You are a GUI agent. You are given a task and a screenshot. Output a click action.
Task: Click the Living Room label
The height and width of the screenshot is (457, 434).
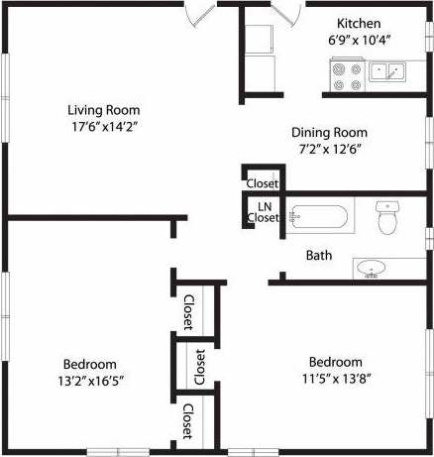(x=103, y=110)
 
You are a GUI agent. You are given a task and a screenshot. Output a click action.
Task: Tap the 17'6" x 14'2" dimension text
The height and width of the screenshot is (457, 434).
(x=103, y=126)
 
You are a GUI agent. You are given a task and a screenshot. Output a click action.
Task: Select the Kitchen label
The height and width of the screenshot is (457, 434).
(x=357, y=24)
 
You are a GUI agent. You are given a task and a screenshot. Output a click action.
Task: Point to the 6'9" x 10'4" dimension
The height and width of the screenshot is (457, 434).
(x=357, y=40)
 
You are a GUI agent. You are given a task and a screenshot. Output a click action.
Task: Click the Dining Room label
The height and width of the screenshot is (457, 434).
(x=329, y=132)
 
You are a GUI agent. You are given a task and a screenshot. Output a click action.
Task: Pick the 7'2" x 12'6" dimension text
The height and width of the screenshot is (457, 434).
(x=329, y=149)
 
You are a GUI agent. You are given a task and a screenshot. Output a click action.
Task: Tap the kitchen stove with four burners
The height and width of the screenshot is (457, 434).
(x=348, y=77)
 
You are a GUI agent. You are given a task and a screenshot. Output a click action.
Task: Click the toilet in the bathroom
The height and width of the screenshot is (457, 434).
(x=388, y=218)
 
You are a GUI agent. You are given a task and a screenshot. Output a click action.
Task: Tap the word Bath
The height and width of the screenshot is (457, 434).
(x=319, y=256)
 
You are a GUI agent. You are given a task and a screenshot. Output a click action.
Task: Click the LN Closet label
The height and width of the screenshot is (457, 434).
(x=264, y=212)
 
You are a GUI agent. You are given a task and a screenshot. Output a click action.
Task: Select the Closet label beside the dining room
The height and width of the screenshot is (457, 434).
(x=263, y=183)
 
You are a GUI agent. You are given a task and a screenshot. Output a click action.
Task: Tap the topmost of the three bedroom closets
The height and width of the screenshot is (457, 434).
(x=188, y=312)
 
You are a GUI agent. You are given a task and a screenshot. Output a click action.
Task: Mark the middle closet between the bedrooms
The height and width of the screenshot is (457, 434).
(x=199, y=367)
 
